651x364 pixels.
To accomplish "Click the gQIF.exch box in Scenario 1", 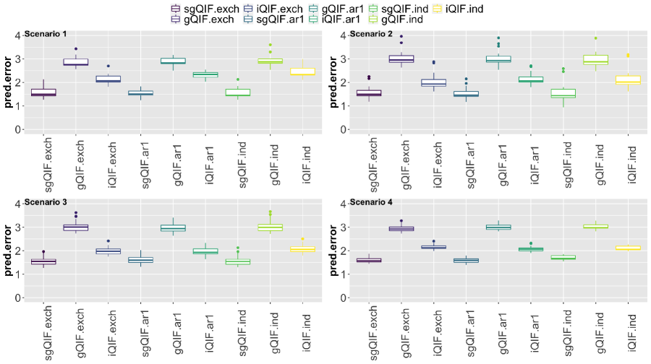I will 75,62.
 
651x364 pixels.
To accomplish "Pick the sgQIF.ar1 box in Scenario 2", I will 465,93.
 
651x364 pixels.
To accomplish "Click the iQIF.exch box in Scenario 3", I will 108,251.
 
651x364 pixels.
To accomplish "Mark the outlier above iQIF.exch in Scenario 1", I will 108,66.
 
